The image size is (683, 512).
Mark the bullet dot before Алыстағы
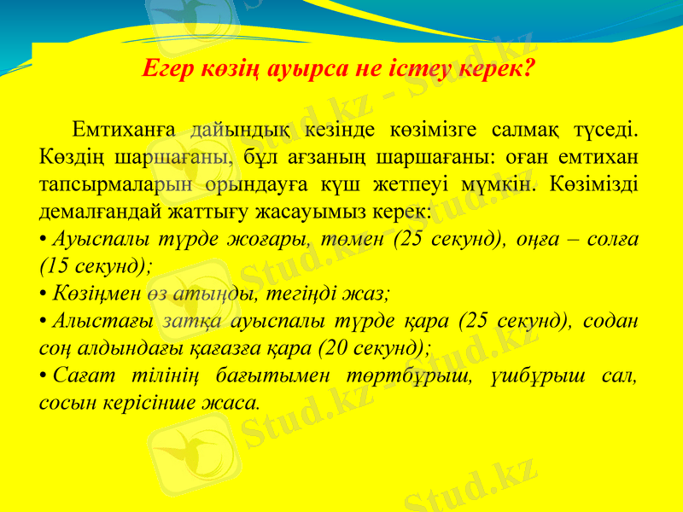pyautogui.click(x=44, y=320)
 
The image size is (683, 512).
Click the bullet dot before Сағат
pyautogui.click(x=44, y=375)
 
